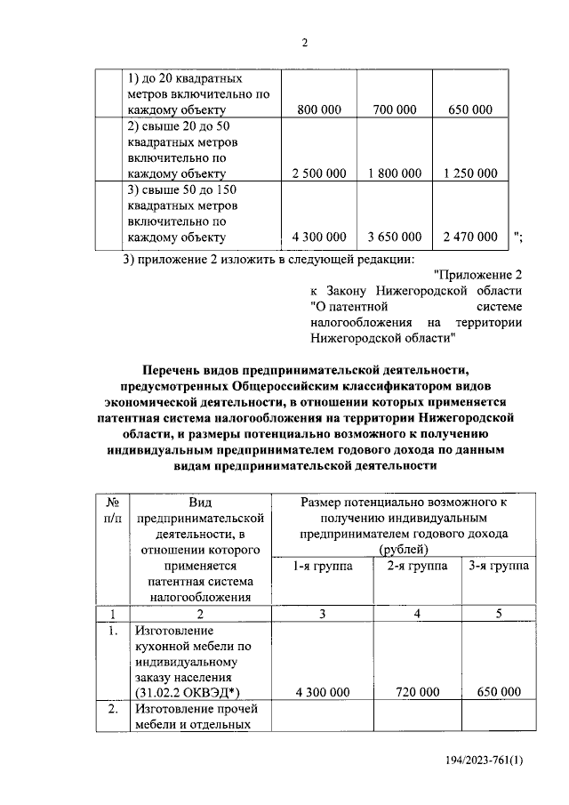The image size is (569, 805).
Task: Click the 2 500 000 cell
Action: [x=318, y=173]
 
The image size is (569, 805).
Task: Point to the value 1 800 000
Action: [x=395, y=173]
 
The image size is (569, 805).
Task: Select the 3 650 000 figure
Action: [x=395, y=237]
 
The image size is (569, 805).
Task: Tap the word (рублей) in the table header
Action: [x=403, y=550]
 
